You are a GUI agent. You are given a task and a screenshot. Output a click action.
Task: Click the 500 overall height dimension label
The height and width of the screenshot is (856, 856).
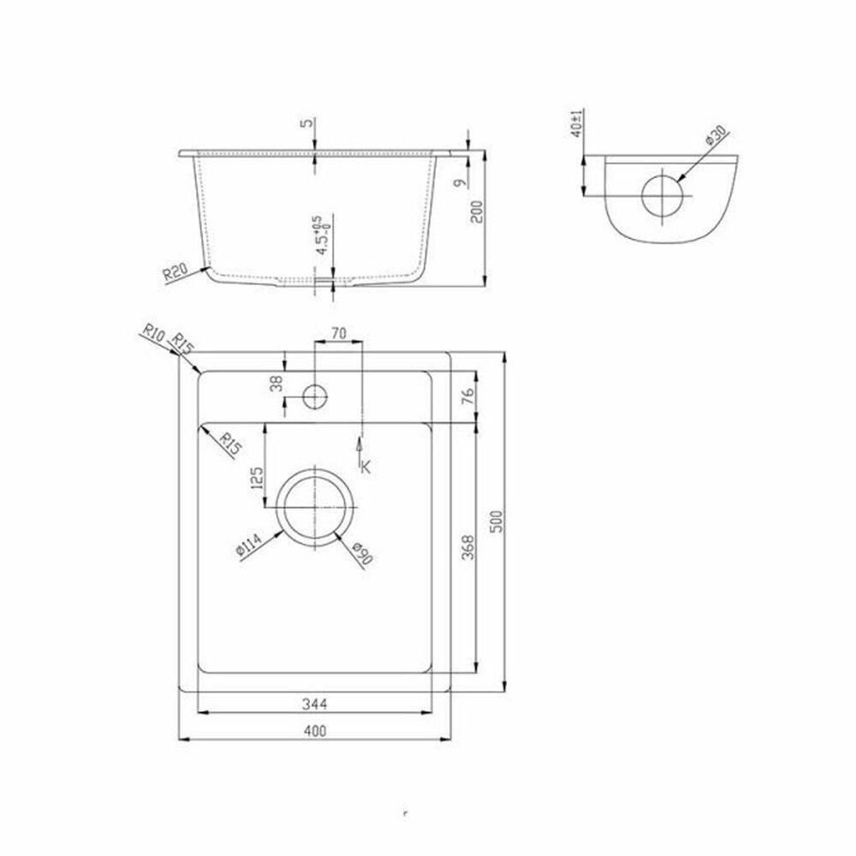496,521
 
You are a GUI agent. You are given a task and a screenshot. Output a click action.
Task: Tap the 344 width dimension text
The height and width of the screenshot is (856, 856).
314,704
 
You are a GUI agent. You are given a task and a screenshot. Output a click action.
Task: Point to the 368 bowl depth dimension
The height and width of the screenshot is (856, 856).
468,547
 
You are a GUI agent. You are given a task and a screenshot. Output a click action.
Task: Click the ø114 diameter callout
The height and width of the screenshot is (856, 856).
249,545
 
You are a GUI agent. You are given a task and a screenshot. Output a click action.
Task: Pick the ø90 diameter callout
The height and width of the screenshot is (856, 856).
362,553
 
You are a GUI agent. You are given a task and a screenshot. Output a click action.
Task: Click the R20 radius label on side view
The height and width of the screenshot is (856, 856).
175,271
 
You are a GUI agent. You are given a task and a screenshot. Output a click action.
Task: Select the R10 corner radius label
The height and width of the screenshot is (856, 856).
153,333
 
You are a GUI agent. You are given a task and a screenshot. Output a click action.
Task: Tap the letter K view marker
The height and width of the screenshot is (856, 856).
366,467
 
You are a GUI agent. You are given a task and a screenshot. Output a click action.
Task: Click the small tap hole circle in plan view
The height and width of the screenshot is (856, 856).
315,396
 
